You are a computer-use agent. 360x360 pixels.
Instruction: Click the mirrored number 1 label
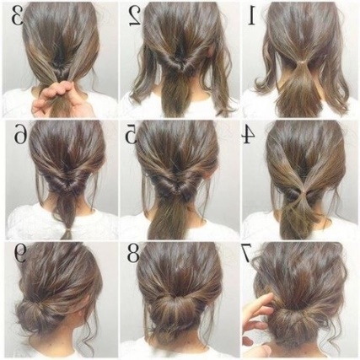pyautogui.click(x=251, y=16)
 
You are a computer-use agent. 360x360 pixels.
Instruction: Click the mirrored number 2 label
pyautogui.click(x=135, y=16)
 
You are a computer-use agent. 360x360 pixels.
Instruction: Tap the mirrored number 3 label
pyautogui.click(x=18, y=16)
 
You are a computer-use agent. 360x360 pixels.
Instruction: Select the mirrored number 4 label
pyautogui.click(x=248, y=135)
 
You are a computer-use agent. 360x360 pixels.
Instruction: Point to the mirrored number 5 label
pyautogui.click(x=132, y=135)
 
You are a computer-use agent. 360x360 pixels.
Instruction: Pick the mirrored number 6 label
pyautogui.click(x=20, y=135)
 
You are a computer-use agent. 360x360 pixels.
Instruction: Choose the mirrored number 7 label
pyautogui.click(x=246, y=253)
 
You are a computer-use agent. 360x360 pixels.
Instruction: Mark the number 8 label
pyautogui.click(x=133, y=252)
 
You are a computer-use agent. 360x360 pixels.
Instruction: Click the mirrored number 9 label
pyautogui.click(x=20, y=252)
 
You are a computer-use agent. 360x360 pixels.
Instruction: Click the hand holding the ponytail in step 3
pyautogui.click(x=57, y=99)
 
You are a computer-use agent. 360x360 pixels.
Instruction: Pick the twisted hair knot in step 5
pyautogui.click(x=175, y=188)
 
